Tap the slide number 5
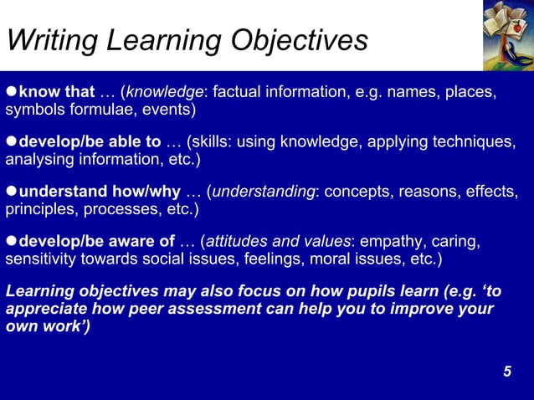[x=507, y=371]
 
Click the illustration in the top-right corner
[x=507, y=35]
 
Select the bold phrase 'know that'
[x=57, y=91]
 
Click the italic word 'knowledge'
[x=166, y=91]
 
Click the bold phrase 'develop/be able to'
[x=90, y=141]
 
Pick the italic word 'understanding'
[x=264, y=191]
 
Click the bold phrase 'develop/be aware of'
[x=97, y=241]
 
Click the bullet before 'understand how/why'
[x=11, y=191]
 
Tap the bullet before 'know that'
[x=11, y=91]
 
